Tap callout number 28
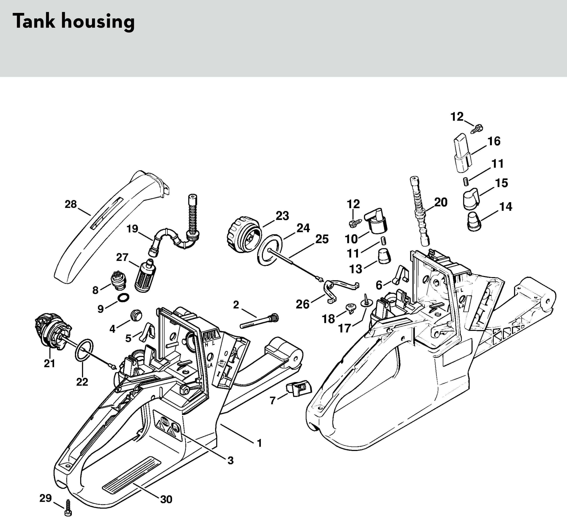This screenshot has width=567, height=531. pos(71,204)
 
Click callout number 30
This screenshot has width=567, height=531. pos(166,499)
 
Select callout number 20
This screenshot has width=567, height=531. pos(441,202)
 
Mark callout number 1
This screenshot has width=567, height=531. pos(259,443)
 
